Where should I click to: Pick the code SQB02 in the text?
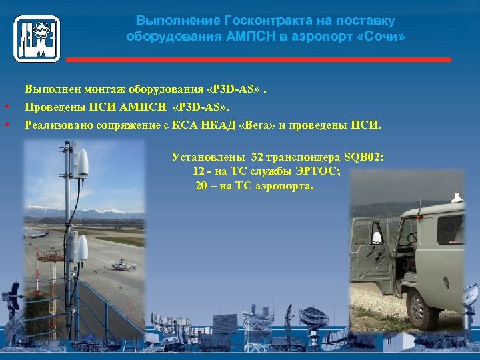[363, 158]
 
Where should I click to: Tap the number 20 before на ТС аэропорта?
[201, 186]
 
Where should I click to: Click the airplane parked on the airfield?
[37, 233]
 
